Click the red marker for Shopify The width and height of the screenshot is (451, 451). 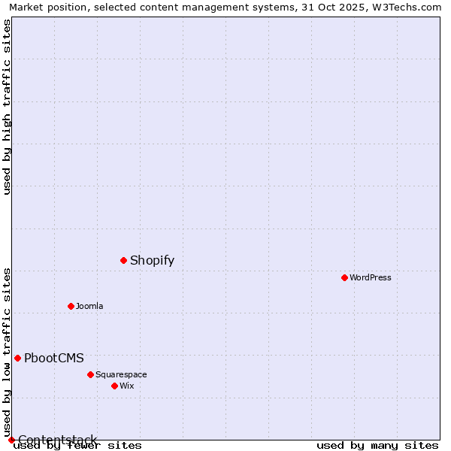123,260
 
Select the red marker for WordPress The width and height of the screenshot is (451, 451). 344,277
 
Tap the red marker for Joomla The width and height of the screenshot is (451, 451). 71,306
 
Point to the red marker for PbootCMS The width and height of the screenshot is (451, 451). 17,358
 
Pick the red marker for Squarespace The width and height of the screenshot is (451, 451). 90,374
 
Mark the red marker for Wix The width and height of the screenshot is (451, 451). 114,386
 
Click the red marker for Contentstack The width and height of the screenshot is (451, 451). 11,440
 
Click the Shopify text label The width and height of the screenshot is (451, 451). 152,261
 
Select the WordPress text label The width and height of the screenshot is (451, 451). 371,277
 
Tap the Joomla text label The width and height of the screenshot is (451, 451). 89,306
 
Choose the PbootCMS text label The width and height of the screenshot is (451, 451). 54,359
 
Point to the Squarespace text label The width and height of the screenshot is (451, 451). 121,374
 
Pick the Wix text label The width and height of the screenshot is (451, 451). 126,386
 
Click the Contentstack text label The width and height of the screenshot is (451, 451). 57,440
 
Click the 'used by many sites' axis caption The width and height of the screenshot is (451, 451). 377,446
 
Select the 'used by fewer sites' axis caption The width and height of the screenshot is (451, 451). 77,446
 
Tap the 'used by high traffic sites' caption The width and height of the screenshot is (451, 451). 7,107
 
